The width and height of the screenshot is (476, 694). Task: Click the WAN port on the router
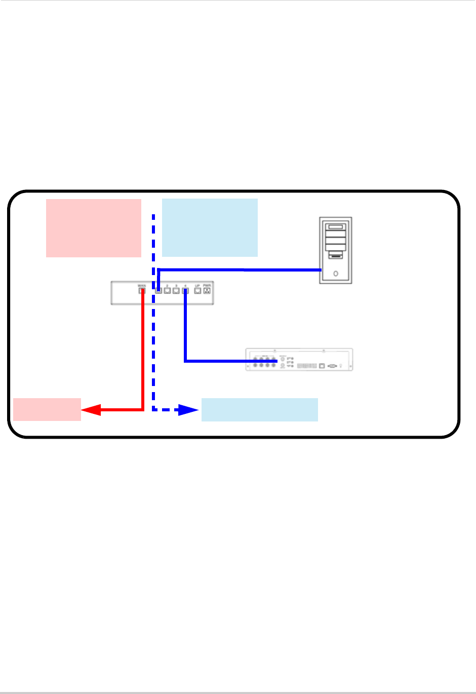coord(142,291)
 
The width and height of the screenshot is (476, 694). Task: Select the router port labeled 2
coord(167,291)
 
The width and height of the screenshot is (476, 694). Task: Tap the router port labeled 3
coord(176,291)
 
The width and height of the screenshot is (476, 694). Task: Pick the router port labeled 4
coord(185,291)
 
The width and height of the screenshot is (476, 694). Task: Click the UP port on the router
coord(197,291)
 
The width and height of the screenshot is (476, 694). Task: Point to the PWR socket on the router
coord(207,291)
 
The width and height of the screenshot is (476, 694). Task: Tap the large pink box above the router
coord(94,228)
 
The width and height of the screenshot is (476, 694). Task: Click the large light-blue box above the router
coord(210,228)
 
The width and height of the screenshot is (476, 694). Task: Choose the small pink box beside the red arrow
coord(47,409)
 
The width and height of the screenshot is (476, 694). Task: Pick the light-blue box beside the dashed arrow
coord(259,409)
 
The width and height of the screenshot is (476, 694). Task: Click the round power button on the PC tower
coord(336,274)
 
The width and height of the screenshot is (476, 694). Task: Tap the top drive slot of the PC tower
coord(336,227)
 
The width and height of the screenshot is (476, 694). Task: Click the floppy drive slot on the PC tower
coord(336,257)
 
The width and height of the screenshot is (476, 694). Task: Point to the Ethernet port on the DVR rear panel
coord(322,365)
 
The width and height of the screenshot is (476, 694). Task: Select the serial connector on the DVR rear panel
coord(333,365)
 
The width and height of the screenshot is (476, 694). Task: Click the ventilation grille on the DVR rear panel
coord(306,365)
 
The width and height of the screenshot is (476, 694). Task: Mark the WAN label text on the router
coord(142,286)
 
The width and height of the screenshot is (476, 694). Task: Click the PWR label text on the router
coord(207,286)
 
